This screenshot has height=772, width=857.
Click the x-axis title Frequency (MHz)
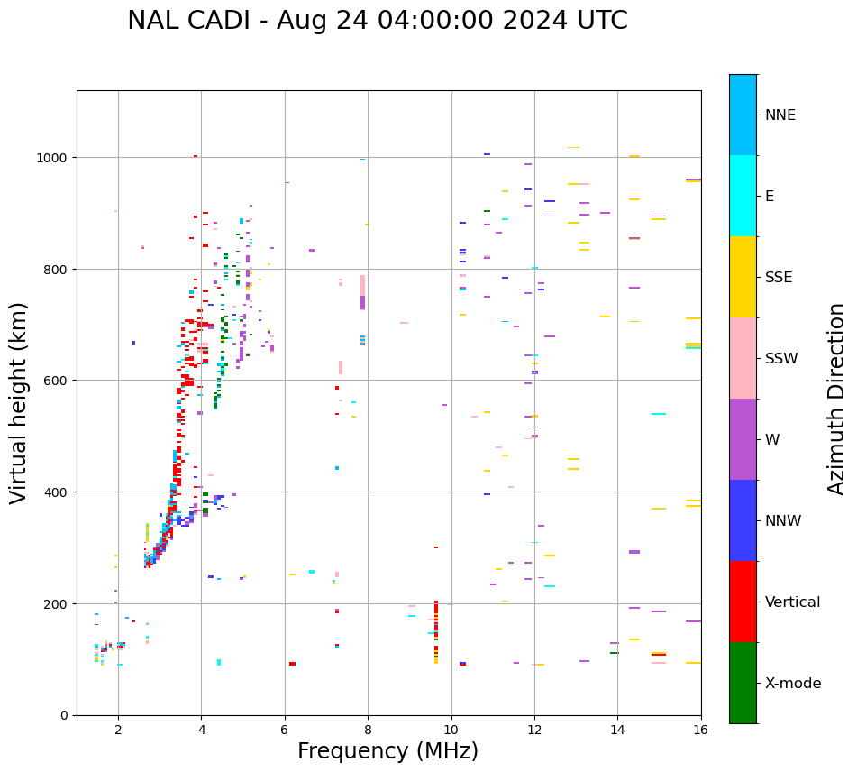coord(387,751)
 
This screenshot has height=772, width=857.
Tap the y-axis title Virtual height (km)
coord(20,403)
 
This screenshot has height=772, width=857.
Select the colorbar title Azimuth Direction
coord(837,399)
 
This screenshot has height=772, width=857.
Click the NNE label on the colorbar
coord(780,115)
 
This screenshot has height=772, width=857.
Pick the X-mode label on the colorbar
coord(793,684)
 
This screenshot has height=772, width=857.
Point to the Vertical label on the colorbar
coord(792,602)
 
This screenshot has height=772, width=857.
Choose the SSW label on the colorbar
coord(781,359)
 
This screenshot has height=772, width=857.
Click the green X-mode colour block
coord(743,683)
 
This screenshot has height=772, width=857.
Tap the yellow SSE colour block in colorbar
coord(743,277)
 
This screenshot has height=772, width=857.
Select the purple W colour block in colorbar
coord(743,439)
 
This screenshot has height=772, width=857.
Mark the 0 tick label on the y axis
coord(65,715)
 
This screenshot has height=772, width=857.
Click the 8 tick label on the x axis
coord(368,731)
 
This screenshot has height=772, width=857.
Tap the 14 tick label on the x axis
coord(617,731)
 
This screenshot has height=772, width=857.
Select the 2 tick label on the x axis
coord(118,731)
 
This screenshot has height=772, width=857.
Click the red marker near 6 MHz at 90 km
coord(292,664)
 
